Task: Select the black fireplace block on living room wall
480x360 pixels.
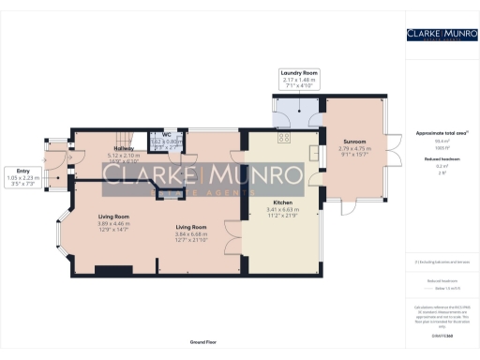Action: pyautogui.click(x=108, y=272)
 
